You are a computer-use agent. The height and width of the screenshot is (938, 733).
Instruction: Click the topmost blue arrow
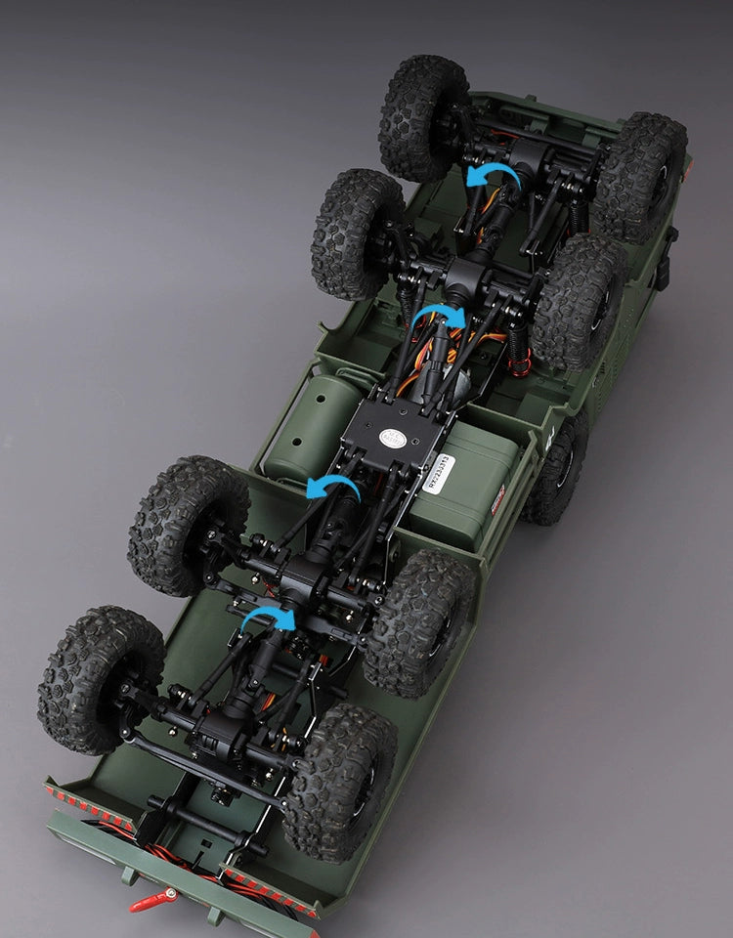pos(492,175)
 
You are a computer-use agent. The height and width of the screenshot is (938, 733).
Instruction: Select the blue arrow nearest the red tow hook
pos(268,619)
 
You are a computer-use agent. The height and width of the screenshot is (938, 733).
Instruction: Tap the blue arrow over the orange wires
pos(437,318)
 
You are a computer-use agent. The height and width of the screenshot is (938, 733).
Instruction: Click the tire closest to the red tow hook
pos(337,783)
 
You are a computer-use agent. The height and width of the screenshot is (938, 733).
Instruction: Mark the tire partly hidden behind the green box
pos(557,469)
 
